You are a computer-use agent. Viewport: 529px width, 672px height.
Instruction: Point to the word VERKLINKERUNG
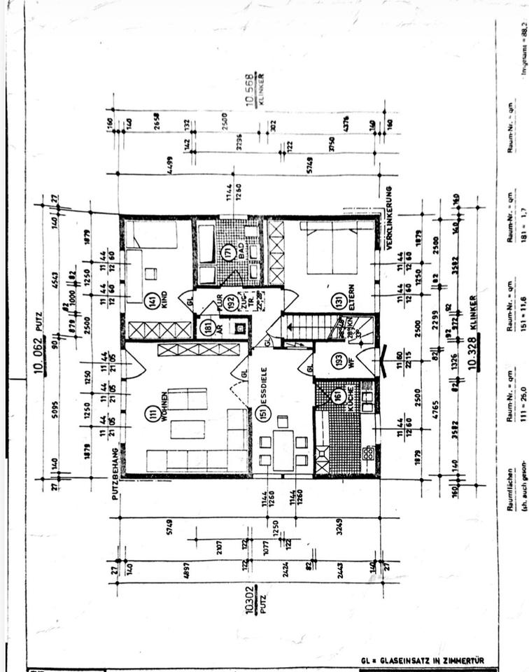tap(389, 218)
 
